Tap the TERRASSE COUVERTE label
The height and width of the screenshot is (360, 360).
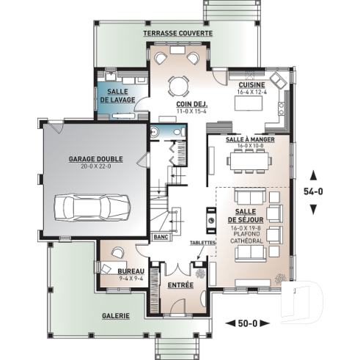[x=177, y=34]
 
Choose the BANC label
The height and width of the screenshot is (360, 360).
[x=161, y=238]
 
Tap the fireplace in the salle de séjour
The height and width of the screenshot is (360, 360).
[x=210, y=218]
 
